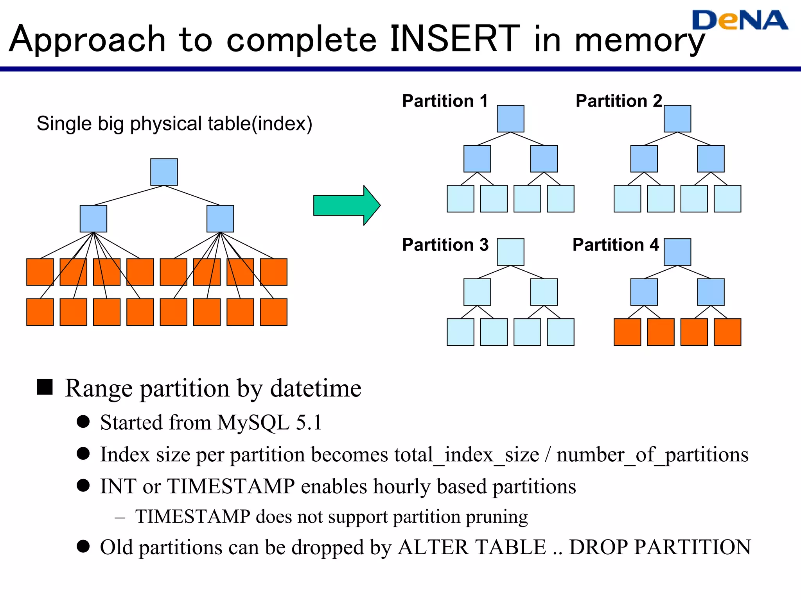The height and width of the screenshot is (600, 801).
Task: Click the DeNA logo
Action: tap(739, 20)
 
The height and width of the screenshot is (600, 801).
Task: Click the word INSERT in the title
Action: tap(454, 39)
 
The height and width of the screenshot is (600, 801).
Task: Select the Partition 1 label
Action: tap(445, 101)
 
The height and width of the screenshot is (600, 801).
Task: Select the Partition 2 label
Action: tap(619, 101)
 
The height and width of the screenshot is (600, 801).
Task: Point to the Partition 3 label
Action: tap(445, 245)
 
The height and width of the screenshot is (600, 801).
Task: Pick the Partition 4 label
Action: tap(616, 245)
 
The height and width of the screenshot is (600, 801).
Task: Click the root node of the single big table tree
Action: tap(164, 172)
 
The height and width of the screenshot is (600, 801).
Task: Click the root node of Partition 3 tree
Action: tap(510, 252)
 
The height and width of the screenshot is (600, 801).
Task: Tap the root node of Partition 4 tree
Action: tap(677, 252)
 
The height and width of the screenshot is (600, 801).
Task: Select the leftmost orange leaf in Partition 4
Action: tap(627, 332)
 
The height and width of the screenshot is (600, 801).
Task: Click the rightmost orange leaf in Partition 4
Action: tap(727, 332)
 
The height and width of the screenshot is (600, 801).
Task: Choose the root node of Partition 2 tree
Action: tap(677, 118)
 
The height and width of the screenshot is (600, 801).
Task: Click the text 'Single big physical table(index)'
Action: tap(174, 124)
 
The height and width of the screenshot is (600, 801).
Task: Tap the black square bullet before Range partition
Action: tap(45, 387)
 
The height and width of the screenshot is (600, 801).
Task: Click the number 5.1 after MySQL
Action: tap(309, 423)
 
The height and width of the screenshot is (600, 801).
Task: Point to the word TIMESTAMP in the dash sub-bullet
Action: tap(192, 517)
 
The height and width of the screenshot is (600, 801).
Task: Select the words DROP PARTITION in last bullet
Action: tap(659, 547)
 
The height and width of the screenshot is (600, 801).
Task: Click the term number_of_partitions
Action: tap(652, 455)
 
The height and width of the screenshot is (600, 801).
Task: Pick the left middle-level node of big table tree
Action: tap(93, 219)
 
